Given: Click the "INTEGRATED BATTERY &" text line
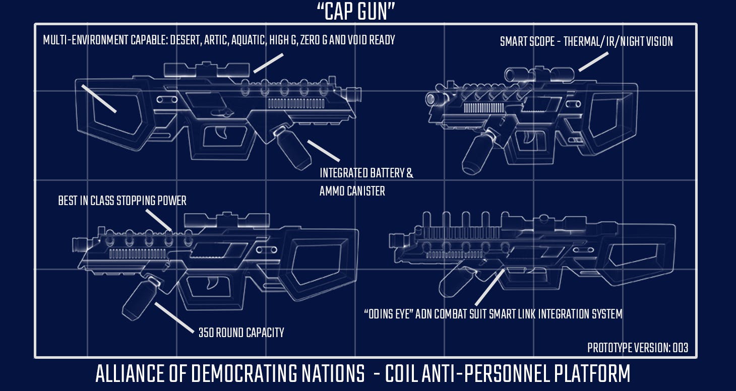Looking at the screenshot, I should point(366,173).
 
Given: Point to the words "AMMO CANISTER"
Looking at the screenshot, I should point(352,191).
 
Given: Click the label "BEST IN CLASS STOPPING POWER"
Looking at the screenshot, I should point(122,201).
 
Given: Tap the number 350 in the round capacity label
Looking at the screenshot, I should point(206,333).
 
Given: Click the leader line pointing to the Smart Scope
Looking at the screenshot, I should point(593,61).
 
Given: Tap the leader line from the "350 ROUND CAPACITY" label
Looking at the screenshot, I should point(174,317).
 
